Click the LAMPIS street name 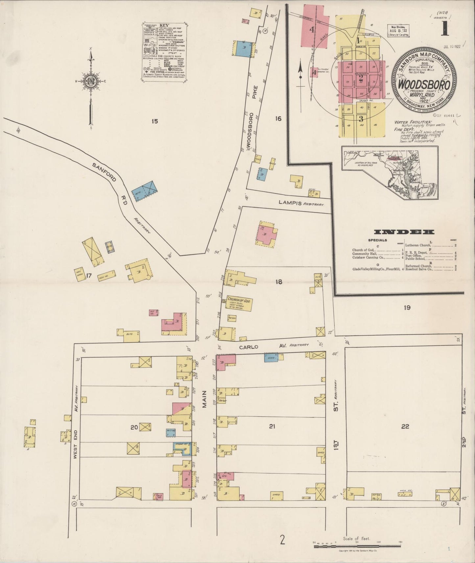(290, 203)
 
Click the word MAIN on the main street (204, 399)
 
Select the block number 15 (154, 121)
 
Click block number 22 (405, 426)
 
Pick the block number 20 (134, 427)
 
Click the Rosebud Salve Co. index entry (419, 269)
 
